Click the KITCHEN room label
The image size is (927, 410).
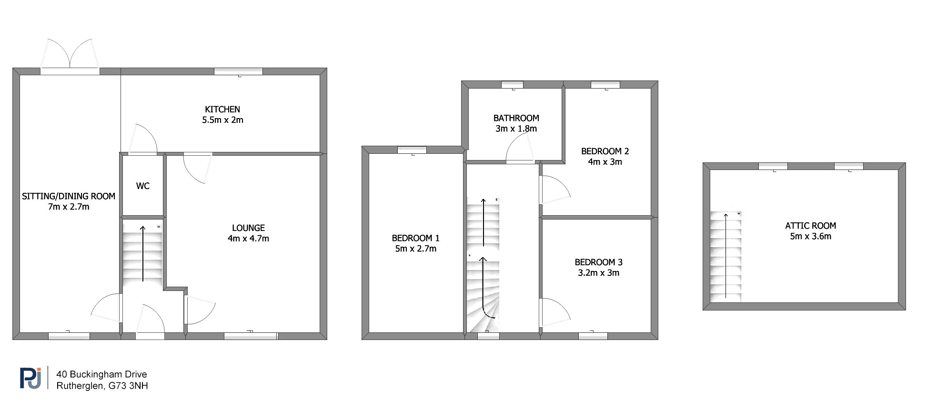222,110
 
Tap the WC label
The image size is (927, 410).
143,186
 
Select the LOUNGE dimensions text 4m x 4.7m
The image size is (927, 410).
248,239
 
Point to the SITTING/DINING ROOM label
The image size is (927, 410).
69,196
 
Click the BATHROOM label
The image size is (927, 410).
516,118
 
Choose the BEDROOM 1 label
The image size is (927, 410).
416,238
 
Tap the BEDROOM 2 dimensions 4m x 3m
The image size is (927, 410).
605,162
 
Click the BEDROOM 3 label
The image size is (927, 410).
599,262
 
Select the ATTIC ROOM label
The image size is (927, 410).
811,226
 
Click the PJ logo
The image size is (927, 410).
30,378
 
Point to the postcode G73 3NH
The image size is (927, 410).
128,386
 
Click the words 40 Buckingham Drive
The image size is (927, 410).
101,374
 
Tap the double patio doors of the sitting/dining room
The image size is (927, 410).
70,53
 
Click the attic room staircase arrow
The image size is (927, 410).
726,256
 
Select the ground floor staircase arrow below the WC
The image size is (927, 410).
143,254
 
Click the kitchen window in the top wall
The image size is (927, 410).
238,71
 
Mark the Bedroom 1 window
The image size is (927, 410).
412,150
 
